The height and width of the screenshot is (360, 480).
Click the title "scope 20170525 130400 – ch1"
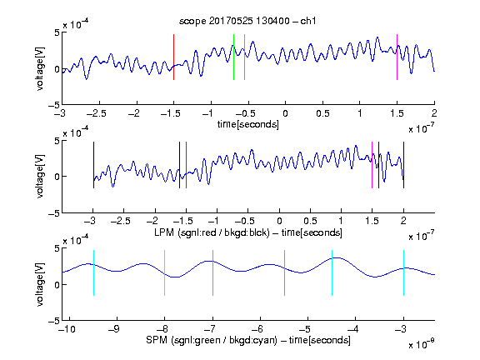pos(247,21)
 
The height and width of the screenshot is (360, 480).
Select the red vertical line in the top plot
pos(173,57)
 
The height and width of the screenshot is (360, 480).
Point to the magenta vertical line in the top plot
pos(397,57)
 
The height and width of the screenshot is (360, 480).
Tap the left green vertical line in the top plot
pos(233,57)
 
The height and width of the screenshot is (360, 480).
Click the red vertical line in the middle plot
pos(186,165)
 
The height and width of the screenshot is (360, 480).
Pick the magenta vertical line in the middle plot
pos(372,165)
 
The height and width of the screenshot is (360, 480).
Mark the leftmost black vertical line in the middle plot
pos(93,165)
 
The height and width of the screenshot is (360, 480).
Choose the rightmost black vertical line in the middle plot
pos(403,165)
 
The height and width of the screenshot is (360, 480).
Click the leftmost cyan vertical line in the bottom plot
pos(93,273)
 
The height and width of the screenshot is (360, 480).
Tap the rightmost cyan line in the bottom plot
pos(403,273)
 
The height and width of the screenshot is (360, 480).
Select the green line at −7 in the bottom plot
pos(212,273)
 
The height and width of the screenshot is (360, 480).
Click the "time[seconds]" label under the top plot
pos(248,125)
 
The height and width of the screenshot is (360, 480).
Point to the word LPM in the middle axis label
pos(164,232)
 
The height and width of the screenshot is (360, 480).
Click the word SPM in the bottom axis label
pos(157,340)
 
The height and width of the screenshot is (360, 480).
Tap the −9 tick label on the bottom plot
pos(114,329)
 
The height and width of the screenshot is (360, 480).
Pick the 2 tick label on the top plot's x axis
pos(434,113)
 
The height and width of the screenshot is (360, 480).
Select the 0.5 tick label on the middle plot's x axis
pos(310,221)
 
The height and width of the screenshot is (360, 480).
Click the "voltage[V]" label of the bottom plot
pos(40,284)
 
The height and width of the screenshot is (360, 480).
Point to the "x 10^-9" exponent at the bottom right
pos(421,344)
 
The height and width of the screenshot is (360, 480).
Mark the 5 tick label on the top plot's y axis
pos(57,32)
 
